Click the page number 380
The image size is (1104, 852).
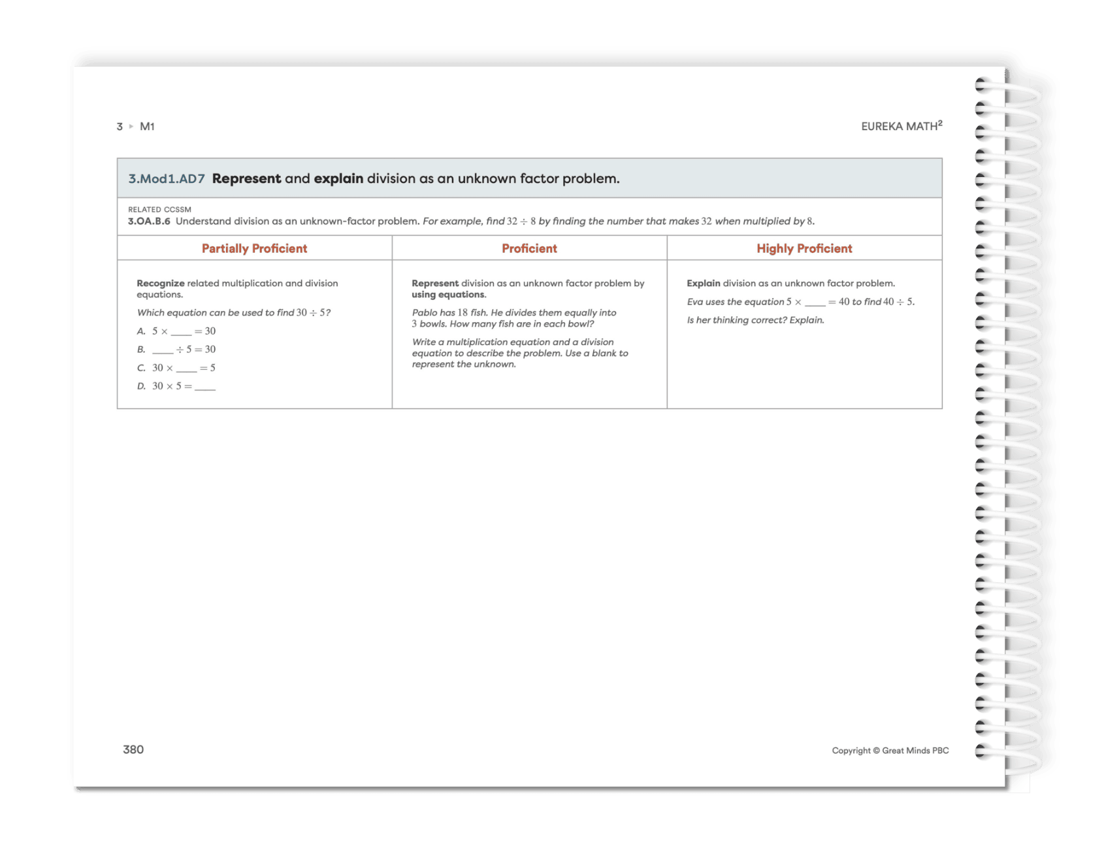click(x=133, y=749)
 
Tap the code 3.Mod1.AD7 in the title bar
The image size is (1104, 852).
click(x=167, y=178)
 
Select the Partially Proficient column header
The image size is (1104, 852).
click(x=254, y=248)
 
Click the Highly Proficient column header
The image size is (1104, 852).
click(x=804, y=248)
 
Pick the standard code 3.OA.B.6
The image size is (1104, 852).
click(x=149, y=221)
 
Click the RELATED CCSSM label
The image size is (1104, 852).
click(x=159, y=210)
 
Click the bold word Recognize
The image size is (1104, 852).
click(x=160, y=283)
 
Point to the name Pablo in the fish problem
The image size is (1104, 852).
click(x=425, y=312)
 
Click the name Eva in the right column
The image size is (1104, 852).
click(x=694, y=302)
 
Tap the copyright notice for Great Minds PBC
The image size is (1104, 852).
click(x=890, y=751)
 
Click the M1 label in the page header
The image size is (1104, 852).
click(x=147, y=127)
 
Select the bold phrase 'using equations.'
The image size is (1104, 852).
click(x=448, y=295)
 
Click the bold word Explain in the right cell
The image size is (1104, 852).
click(x=703, y=283)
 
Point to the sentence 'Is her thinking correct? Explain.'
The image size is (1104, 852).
click(x=755, y=320)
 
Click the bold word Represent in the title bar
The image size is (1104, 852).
click(x=246, y=178)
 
